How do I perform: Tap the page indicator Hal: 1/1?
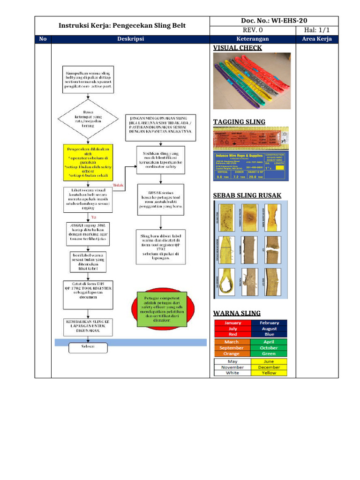coord(317,30)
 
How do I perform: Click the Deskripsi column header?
coord(130,39)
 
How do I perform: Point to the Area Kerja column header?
coord(317,39)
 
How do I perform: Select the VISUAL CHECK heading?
coord(237,48)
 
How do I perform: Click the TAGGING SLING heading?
coord(239,122)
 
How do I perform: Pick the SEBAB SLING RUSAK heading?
coord(247,195)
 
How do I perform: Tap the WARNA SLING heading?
coord(237,313)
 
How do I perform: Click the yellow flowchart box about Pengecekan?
coord(88,163)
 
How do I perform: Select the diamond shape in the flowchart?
coord(88,119)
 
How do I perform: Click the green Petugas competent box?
coord(162,309)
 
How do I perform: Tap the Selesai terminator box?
coord(88,347)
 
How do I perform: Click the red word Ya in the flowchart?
coord(94,217)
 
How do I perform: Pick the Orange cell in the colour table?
coord(232,354)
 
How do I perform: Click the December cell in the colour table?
coord(269,367)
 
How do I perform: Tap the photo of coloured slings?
coord(251,80)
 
